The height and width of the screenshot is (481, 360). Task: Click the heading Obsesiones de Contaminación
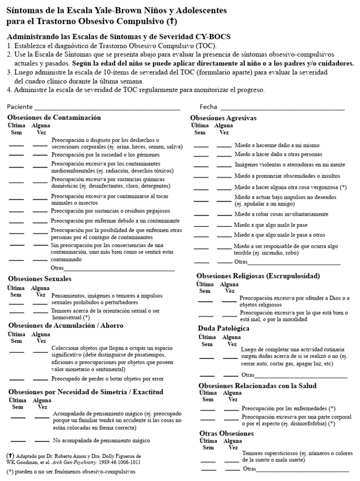point(54,117)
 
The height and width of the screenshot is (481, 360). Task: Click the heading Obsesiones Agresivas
point(223,118)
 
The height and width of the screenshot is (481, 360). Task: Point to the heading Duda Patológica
point(224,328)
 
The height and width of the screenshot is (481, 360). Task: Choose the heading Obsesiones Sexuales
point(40,279)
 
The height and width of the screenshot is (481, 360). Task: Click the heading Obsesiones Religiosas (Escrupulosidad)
point(258,276)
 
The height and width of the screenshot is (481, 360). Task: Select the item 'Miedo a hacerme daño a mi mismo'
point(277,146)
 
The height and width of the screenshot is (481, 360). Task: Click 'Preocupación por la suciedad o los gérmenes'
point(105,155)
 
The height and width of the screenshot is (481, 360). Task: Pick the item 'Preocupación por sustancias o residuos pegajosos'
point(111,211)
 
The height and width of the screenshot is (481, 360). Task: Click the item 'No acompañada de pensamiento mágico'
point(101,441)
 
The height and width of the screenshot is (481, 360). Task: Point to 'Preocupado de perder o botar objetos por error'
point(108,379)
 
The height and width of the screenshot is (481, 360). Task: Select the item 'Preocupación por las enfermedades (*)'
point(288,409)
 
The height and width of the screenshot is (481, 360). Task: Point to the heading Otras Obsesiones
point(226,433)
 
